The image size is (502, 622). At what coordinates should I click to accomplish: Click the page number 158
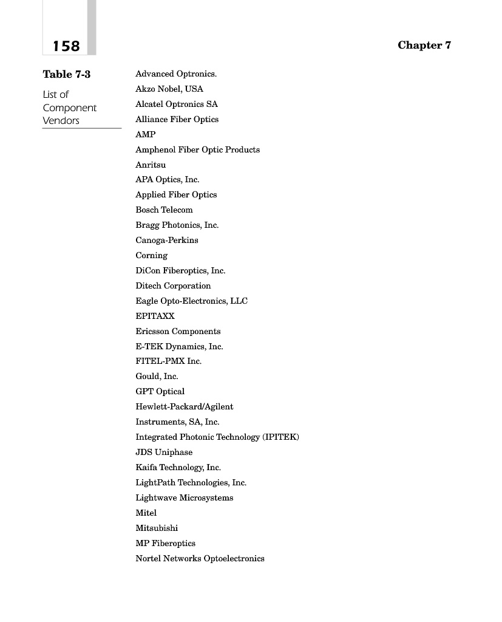66,46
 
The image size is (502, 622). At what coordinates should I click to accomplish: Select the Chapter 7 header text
424,46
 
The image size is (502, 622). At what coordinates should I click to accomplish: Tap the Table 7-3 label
67,75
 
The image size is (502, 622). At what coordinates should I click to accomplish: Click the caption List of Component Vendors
69,108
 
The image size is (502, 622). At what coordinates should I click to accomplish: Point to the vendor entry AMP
146,134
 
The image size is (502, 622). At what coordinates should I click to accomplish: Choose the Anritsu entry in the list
151,165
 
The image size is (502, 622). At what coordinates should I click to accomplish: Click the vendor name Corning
152,256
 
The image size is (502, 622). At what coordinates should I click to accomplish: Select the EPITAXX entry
155,316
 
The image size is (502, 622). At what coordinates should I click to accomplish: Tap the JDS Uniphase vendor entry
164,453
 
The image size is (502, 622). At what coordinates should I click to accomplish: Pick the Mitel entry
146,513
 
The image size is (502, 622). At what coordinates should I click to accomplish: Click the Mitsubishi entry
157,528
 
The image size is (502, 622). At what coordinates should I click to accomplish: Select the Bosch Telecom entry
164,210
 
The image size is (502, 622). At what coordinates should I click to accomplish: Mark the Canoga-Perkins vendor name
167,241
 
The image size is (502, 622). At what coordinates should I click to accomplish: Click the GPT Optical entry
160,392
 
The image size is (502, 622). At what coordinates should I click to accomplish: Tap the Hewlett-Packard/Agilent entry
185,407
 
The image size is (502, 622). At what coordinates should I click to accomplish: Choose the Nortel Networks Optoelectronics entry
200,558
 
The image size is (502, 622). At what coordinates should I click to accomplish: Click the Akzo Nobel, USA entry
169,89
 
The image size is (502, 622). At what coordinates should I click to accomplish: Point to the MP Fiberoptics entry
165,543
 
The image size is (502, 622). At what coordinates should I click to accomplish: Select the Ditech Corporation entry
173,285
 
